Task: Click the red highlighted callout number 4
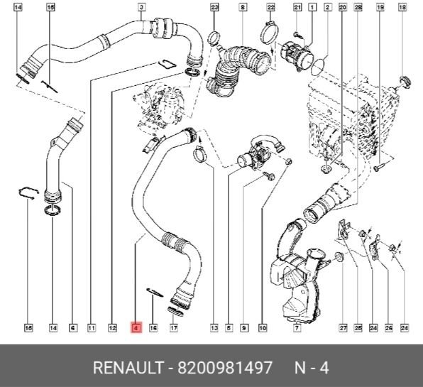(x=136, y=327)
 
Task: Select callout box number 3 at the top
(x=142, y=7)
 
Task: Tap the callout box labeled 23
(x=214, y=7)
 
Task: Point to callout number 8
(x=243, y=7)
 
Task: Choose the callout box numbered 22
(x=271, y=7)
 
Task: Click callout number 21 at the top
(x=297, y=7)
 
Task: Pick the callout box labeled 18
(x=402, y=7)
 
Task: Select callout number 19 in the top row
(x=380, y=7)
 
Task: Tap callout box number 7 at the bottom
(x=297, y=328)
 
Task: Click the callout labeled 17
(x=174, y=328)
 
